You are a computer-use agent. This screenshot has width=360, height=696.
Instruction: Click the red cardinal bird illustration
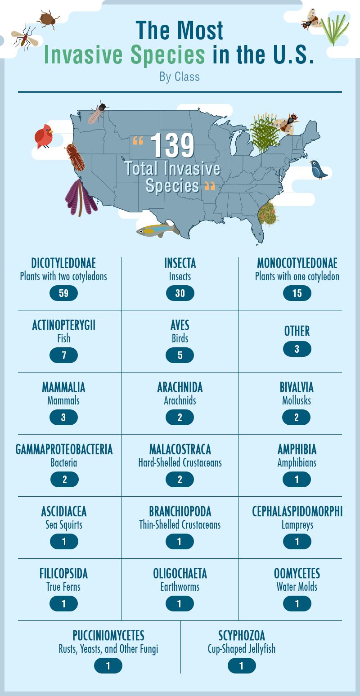[x=44, y=136]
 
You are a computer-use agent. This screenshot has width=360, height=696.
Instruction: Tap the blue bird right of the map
[x=319, y=169]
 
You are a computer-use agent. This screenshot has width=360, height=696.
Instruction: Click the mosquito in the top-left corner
[x=24, y=36]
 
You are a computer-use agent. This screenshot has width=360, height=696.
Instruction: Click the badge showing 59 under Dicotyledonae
[x=63, y=293]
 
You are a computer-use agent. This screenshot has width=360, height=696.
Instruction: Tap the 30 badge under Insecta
[x=180, y=293]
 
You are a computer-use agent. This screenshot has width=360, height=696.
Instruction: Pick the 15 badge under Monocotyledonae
[x=297, y=293]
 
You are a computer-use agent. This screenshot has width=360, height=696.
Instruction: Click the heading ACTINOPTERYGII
[x=63, y=325]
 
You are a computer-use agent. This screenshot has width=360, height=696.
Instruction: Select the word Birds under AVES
[x=180, y=338]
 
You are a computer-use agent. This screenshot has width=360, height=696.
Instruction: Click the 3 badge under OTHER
[x=297, y=349]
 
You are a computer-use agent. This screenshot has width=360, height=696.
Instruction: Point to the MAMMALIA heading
[x=63, y=387]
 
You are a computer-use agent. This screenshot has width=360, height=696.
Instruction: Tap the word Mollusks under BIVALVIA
[x=297, y=400]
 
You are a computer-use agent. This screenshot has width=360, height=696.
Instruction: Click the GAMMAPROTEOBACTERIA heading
[x=64, y=449]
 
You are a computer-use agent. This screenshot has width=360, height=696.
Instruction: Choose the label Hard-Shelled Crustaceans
[x=180, y=463]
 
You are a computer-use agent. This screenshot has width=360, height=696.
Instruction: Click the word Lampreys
[x=297, y=525]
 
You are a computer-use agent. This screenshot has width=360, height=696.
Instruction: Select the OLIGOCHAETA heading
[x=180, y=574]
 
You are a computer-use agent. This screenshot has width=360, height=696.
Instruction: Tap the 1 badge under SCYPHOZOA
[x=242, y=666]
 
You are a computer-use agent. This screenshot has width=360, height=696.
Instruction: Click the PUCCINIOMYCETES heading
[x=108, y=636]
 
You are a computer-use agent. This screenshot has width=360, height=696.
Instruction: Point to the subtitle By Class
[x=180, y=77]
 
